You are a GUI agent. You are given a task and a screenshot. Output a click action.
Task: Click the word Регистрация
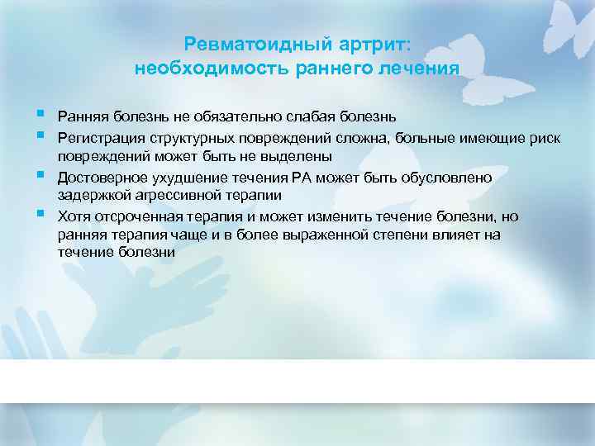tap(97, 135)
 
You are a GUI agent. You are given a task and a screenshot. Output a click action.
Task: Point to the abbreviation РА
tap(321, 176)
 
